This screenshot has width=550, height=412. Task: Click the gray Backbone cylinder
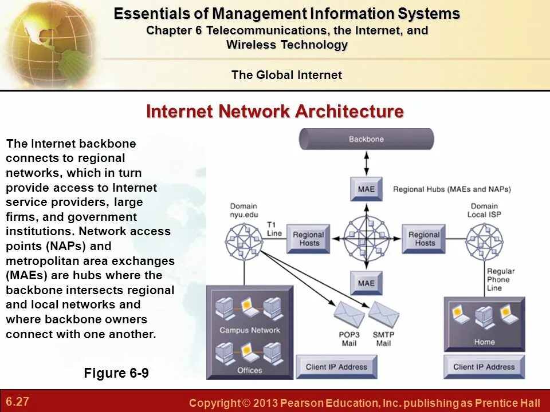(367, 139)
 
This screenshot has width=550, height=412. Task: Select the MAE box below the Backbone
(366, 189)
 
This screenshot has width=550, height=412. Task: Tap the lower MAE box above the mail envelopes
(366, 283)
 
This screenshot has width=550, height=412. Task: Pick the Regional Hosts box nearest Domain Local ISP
(425, 239)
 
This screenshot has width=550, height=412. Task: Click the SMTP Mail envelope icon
(383, 314)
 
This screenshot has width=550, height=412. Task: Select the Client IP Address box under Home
(484, 367)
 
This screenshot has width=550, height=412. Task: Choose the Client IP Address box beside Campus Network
(336, 367)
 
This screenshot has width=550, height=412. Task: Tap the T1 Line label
(274, 229)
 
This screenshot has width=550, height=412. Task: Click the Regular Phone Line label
(501, 279)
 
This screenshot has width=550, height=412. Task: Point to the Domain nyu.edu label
(244, 210)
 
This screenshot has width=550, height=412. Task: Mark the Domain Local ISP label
(485, 210)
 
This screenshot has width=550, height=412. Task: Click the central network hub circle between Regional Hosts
(366, 235)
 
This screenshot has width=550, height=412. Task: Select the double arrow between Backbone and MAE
(367, 163)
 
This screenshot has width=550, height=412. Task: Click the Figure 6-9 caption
(116, 374)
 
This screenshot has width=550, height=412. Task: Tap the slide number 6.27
(18, 401)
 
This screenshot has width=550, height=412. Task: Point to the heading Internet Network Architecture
(275, 111)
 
